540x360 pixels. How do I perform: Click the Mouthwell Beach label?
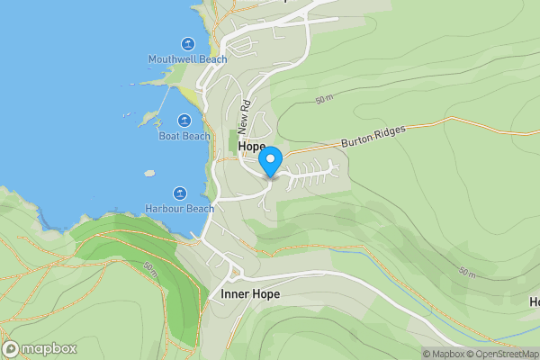click(187, 59)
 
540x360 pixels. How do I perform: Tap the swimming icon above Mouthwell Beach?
click(187, 44)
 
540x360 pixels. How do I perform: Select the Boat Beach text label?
click(184, 137)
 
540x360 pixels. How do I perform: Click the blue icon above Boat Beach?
click(184, 121)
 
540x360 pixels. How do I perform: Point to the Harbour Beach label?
click(180, 209)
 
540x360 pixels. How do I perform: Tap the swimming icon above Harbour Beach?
click(180, 193)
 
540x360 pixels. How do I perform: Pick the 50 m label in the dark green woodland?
click(150, 268)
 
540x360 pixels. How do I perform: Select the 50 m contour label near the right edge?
click(466, 272)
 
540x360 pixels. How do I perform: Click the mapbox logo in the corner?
click(40, 348)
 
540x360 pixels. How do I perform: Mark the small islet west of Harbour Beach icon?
click(149, 173)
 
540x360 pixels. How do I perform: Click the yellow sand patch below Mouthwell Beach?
click(191, 93)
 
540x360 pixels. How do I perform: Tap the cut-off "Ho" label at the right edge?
click(533, 301)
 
